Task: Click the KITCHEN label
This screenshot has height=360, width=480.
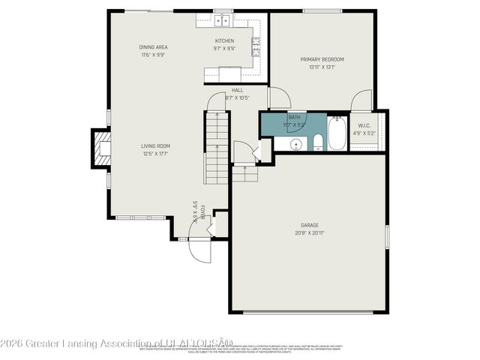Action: coord(224,40)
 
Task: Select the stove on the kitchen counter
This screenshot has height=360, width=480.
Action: coord(256,48)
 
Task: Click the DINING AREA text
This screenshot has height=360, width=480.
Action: coord(152,47)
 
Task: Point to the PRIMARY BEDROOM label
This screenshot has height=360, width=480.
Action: coord(322,59)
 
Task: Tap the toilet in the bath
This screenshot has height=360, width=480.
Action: coord(317,142)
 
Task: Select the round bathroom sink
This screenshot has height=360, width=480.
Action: coord(295,143)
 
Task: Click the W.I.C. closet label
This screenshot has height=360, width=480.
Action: coord(364,126)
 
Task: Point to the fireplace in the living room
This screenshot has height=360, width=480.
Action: coord(100,148)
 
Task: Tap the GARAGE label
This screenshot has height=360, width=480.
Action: coord(310,225)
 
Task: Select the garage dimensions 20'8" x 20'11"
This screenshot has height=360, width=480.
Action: coord(310,233)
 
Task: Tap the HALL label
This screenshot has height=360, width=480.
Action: coord(237,90)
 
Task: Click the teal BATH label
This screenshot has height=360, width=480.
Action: coord(294,117)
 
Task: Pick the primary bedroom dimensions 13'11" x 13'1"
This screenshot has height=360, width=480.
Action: coord(322,67)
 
